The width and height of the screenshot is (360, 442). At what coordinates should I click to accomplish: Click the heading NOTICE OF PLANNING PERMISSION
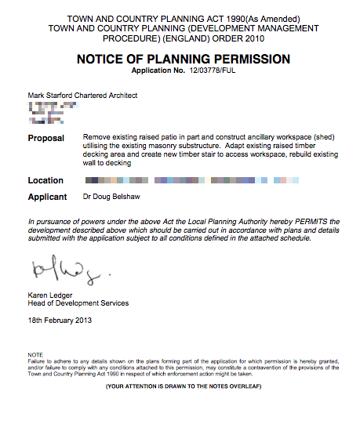[183, 59]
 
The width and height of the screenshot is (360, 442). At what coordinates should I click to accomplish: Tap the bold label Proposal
[46, 138]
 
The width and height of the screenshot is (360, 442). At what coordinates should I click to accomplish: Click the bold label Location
[45, 181]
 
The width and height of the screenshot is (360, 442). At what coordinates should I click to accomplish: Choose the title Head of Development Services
[78, 303]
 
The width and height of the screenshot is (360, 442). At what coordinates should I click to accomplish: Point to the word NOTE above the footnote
[35, 355]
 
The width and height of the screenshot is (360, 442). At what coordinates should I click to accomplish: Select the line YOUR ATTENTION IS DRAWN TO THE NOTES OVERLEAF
[183, 386]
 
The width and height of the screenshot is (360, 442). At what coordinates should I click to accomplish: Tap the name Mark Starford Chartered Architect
[82, 96]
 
